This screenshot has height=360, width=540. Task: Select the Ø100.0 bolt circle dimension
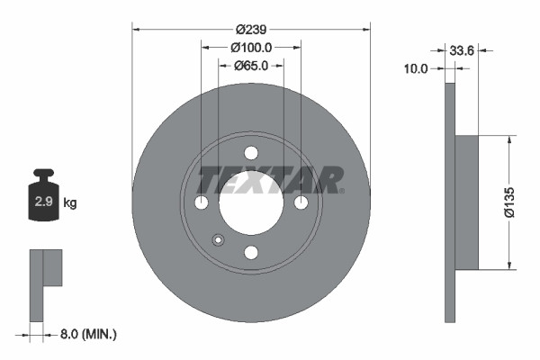[251, 47]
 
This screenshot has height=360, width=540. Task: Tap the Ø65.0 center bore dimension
[251, 66]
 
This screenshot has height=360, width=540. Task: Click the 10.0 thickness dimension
[415, 67]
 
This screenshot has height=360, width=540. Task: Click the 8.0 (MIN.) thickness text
[86, 334]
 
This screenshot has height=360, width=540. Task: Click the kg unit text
[70, 203]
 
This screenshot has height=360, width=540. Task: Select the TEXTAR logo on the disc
[270, 179]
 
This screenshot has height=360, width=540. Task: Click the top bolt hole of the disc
[251, 153]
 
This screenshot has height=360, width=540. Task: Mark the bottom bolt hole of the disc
[251, 252]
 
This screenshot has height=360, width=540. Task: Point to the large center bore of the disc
[251, 202]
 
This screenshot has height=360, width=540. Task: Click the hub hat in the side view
[466, 202]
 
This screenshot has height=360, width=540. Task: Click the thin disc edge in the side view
[450, 202]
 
